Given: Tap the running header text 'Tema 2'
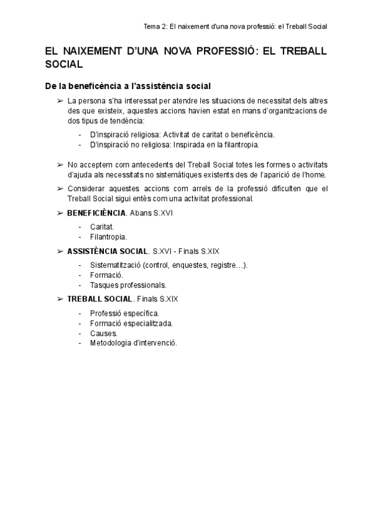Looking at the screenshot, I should point(156,27).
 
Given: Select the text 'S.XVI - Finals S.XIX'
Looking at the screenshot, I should point(186,252).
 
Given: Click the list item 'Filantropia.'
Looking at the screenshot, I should point(109,237).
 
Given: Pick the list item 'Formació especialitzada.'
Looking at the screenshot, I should point(132,323).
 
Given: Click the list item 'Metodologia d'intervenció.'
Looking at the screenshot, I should point(134,342).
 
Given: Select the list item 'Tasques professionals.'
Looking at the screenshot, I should point(128,285).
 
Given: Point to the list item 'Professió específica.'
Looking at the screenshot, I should point(124,313).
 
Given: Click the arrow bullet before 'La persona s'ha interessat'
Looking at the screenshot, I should point(60,100).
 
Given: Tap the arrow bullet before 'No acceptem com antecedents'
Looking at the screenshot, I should point(60,164).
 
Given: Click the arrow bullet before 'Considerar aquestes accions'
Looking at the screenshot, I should point(60,188).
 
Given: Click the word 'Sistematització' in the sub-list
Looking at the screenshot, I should point(115,265).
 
